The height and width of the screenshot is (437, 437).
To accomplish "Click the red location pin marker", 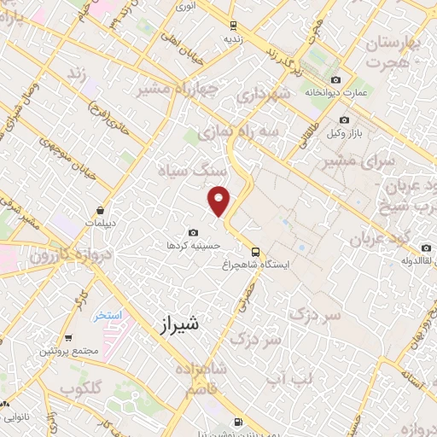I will point(220,201).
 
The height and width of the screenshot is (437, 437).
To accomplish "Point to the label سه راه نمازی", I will point(225,133).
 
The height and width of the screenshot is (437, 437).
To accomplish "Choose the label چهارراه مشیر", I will point(176,89).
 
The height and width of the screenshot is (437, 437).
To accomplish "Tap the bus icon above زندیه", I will point(234,26).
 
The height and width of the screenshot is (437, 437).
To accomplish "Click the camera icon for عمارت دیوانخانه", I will point(334,79).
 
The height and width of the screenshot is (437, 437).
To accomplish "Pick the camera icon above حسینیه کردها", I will point(194,232).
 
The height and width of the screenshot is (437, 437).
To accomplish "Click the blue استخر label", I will point(108,316).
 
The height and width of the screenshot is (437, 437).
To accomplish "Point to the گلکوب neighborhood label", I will point(80,387).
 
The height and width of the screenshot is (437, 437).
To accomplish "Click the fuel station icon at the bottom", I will point(237,421).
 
